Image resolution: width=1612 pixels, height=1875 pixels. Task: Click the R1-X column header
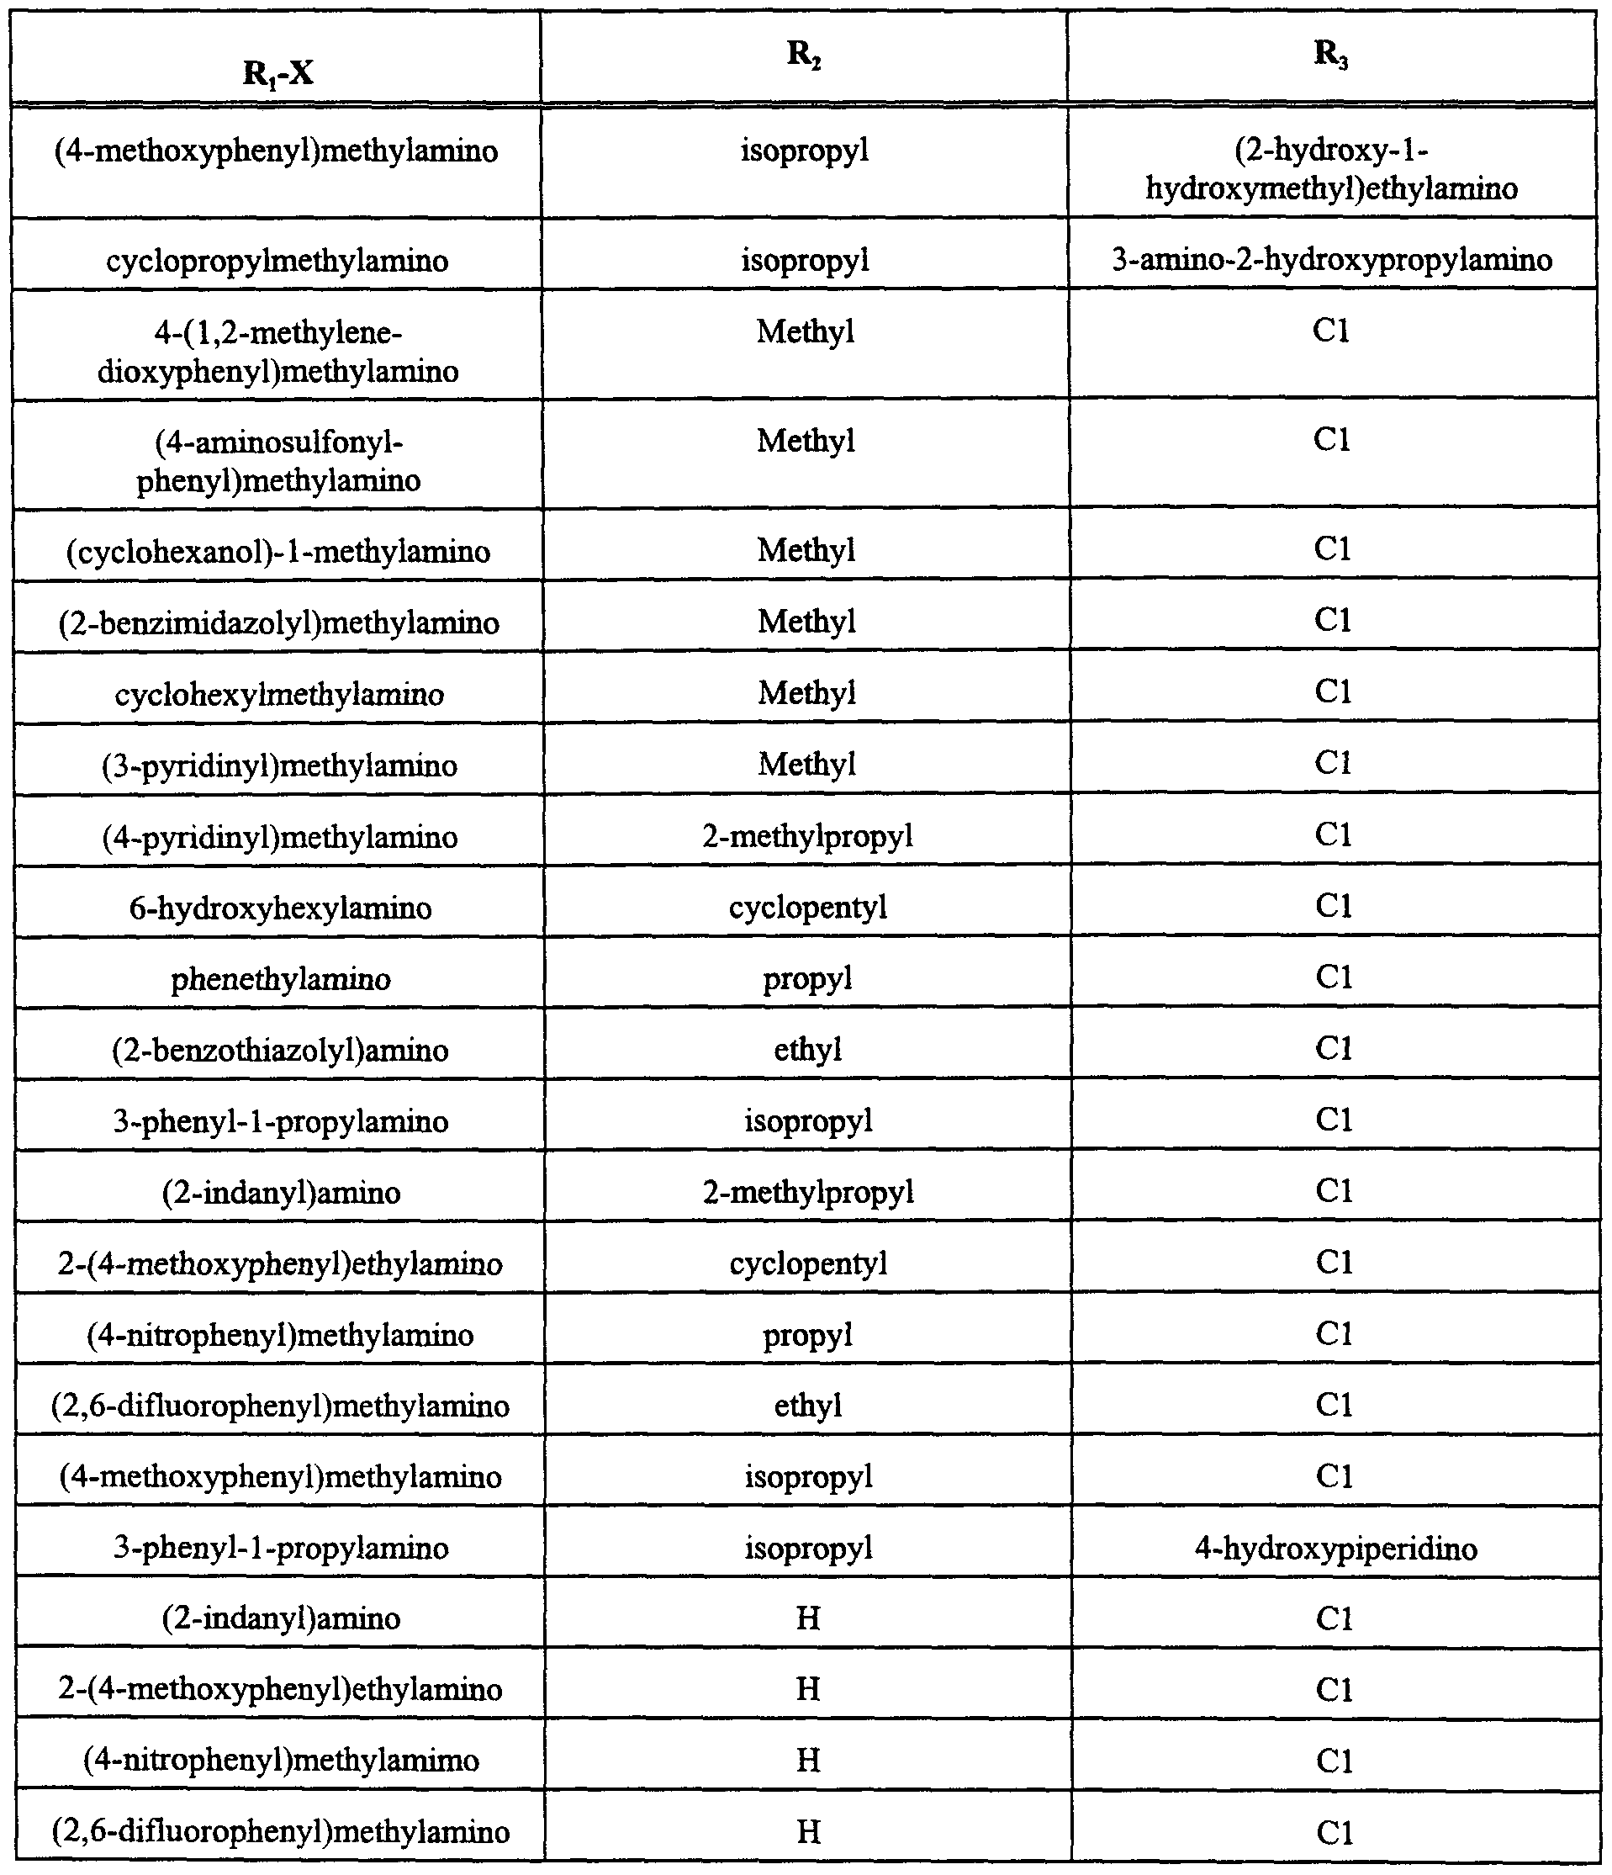(x=277, y=72)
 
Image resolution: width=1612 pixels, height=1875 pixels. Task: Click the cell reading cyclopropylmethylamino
(x=277, y=262)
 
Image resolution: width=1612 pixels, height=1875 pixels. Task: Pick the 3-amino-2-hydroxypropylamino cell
(x=1332, y=261)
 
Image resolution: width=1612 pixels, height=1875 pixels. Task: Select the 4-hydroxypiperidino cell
(x=1335, y=1549)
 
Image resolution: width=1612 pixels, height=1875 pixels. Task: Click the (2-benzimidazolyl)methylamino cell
(x=278, y=622)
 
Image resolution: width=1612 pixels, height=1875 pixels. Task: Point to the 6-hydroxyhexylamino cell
(x=280, y=908)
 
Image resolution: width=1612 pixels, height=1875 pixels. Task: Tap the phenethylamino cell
(x=280, y=979)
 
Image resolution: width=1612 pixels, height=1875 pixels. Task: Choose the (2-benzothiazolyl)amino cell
(x=280, y=1051)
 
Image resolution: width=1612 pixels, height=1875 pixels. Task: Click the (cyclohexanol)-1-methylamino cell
(x=278, y=551)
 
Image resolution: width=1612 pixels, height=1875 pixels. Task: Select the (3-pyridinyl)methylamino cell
(x=279, y=765)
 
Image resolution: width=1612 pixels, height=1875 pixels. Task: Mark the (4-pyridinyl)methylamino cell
(x=279, y=837)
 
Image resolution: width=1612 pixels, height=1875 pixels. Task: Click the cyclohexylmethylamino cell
(x=279, y=694)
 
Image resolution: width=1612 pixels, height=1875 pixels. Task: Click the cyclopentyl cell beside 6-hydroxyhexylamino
(x=808, y=907)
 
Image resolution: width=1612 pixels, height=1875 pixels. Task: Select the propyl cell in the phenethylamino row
(x=808, y=978)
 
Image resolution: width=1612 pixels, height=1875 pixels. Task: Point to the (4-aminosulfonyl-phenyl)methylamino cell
(x=278, y=461)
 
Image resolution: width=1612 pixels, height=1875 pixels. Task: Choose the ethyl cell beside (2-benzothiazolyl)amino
(x=808, y=1050)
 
